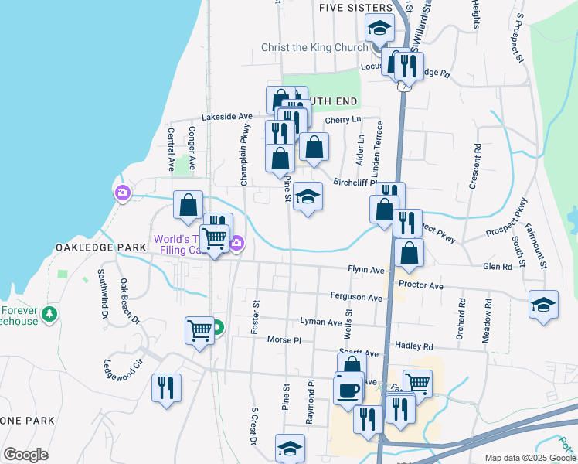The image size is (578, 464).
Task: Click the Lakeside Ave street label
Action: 227,116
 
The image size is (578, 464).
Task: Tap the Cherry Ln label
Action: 343,120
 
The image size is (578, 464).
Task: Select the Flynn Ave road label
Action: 366,270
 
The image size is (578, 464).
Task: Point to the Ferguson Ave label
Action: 356,298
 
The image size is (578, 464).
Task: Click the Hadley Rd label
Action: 414,347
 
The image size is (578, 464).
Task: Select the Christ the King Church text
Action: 314,48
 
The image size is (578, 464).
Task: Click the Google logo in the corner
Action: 25,454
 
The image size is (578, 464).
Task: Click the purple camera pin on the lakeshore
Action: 122,193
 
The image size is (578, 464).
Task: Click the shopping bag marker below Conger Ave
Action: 188,205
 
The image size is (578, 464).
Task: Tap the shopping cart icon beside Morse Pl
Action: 199,330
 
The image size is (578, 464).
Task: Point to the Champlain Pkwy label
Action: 244,155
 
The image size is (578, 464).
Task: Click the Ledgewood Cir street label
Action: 124,363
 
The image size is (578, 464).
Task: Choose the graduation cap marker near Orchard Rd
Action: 543,304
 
